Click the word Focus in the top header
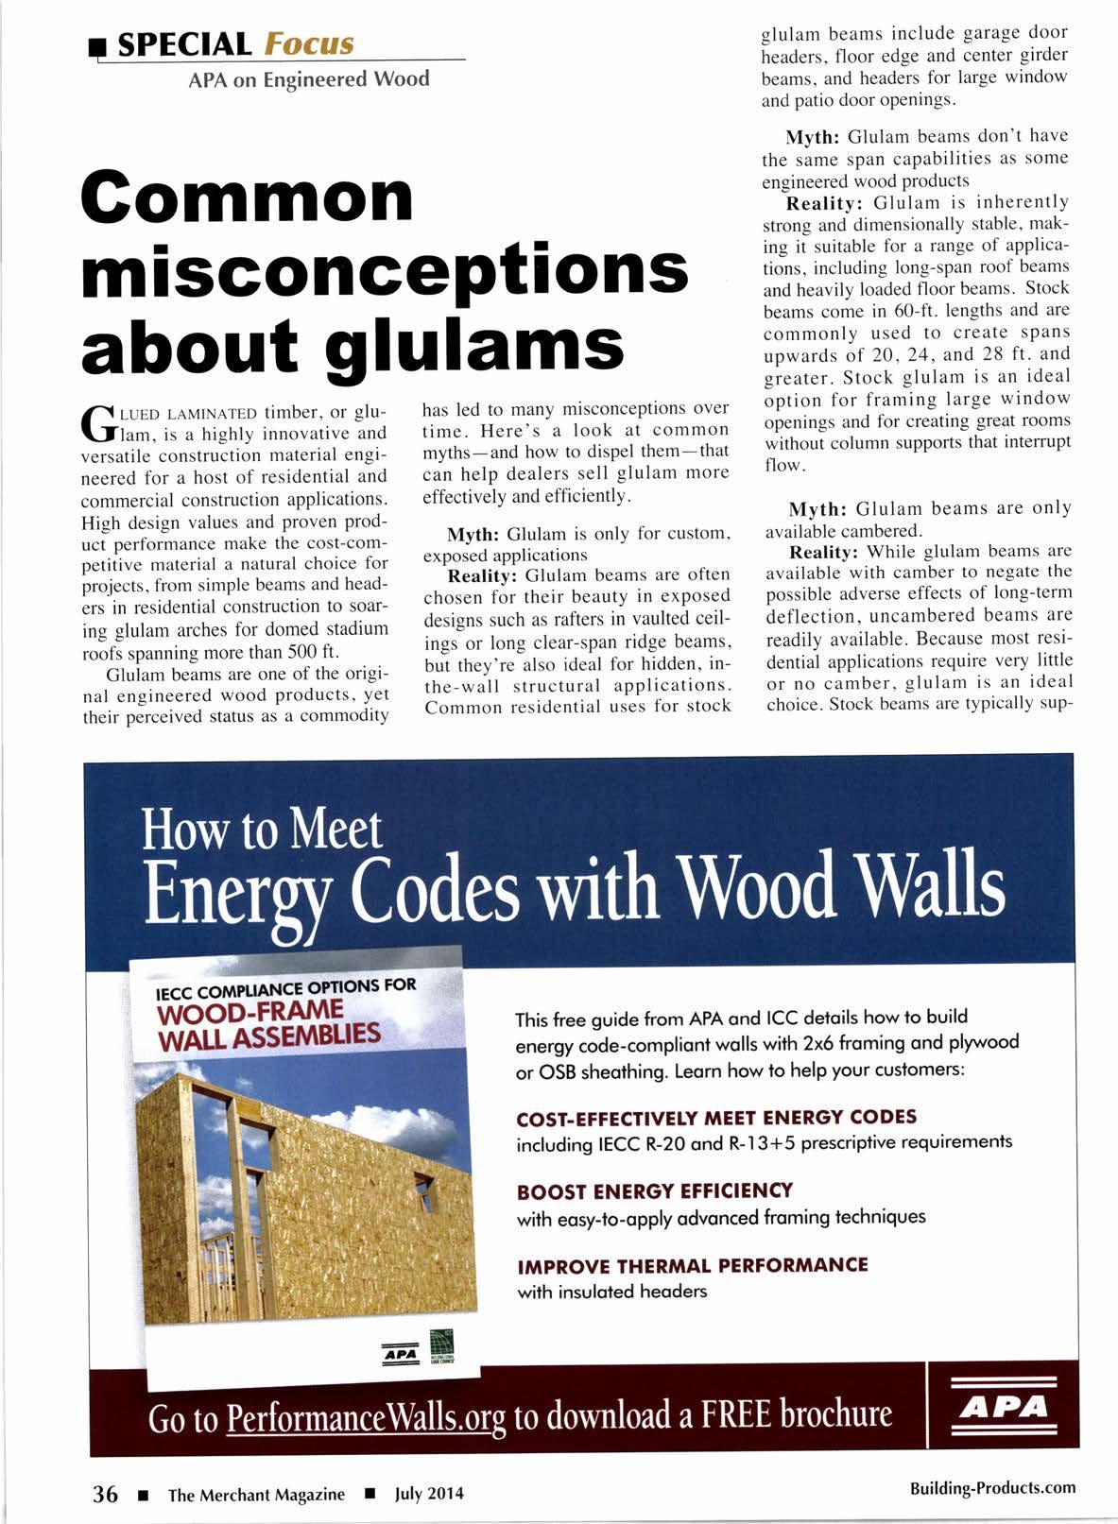[309, 43]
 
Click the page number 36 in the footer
[104, 1494]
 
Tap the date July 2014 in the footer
[430, 1494]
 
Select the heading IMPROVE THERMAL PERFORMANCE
[693, 1265]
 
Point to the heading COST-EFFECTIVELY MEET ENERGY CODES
[716, 1118]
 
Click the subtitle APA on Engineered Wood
[309, 79]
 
